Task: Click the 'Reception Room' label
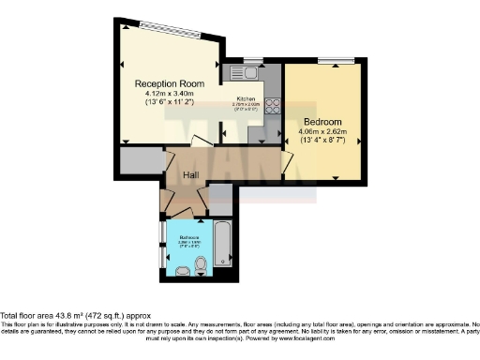(x=170, y=83)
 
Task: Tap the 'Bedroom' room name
(x=322, y=122)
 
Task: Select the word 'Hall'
(x=190, y=174)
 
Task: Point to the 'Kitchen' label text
(x=246, y=98)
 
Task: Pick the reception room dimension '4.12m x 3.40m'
(x=169, y=94)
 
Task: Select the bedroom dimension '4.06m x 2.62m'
(x=323, y=132)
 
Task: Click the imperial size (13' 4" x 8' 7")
(x=323, y=142)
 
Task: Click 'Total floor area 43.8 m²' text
(x=56, y=316)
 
